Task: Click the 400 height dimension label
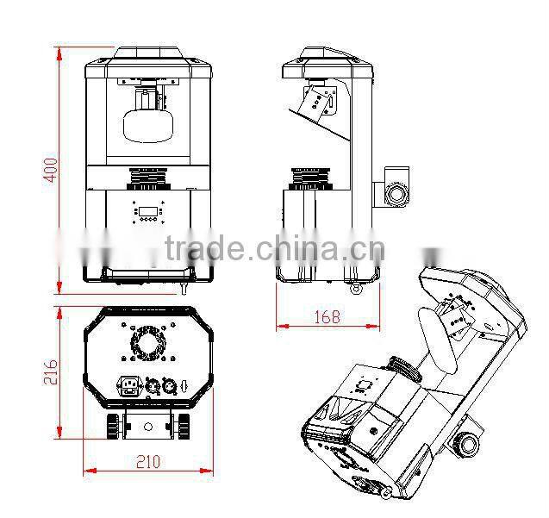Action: [x=50, y=171]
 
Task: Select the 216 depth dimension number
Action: [x=50, y=372]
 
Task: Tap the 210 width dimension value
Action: [x=148, y=462]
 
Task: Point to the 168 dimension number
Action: [x=328, y=316]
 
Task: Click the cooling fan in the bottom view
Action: [x=148, y=342]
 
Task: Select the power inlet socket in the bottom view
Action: [x=130, y=386]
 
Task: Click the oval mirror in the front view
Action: [x=148, y=125]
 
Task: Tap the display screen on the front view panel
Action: [x=147, y=211]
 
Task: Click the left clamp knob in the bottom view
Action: [x=114, y=426]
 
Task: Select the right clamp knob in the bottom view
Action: [x=183, y=426]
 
